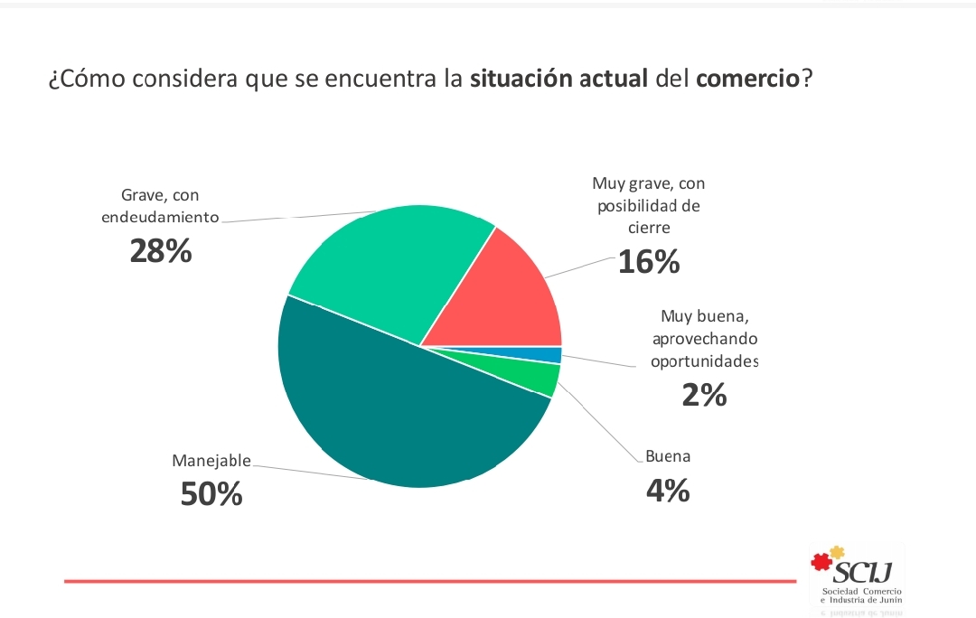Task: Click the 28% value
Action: (161, 252)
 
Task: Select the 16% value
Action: (648, 262)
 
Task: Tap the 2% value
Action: (704, 395)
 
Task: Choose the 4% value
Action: (668, 491)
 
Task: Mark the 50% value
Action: (211, 494)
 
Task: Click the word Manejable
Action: (211, 461)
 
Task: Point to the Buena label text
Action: (668, 456)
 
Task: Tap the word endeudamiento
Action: (161, 217)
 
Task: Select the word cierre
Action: (649, 228)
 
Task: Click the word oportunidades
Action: (704, 361)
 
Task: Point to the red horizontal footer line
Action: (434, 580)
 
